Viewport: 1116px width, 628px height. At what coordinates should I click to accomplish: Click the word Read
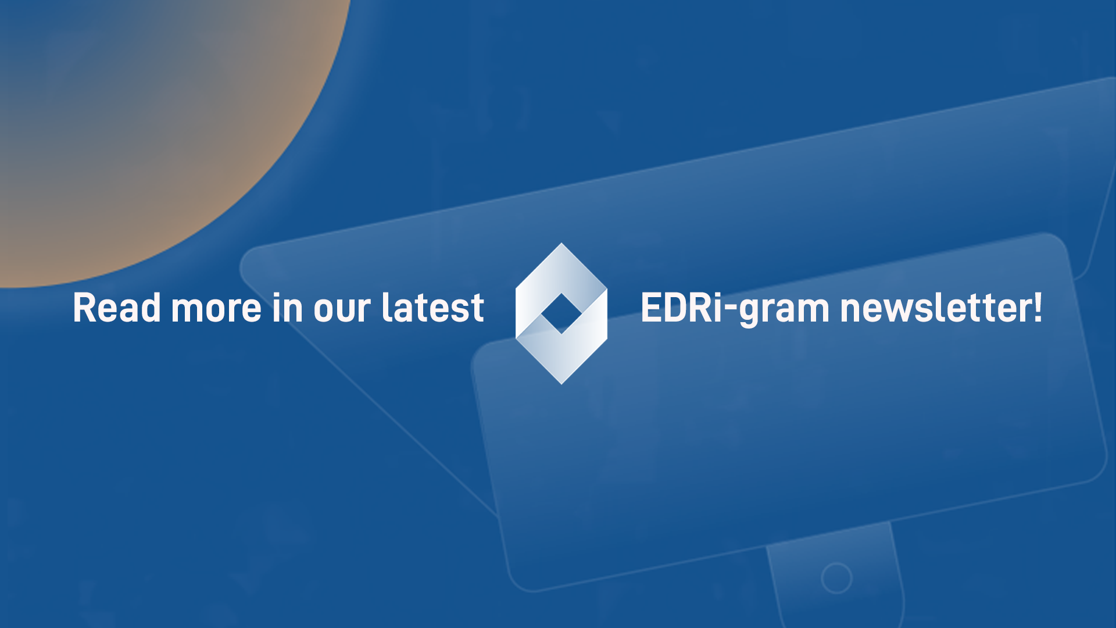click(x=116, y=308)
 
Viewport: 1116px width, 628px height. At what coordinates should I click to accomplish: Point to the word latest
click(x=432, y=308)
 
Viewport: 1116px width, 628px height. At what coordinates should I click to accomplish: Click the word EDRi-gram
click(x=735, y=308)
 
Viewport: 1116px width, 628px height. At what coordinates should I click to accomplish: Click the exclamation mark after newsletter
click(x=1038, y=306)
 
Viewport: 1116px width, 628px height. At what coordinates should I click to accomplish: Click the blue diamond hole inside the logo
click(x=561, y=314)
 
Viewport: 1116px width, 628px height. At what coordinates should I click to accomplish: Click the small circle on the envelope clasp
click(x=836, y=578)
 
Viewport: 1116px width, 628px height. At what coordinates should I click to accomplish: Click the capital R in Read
click(x=84, y=308)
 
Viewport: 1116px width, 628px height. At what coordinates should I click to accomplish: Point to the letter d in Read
click(x=151, y=308)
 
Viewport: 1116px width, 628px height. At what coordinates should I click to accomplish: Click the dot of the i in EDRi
click(x=717, y=294)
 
